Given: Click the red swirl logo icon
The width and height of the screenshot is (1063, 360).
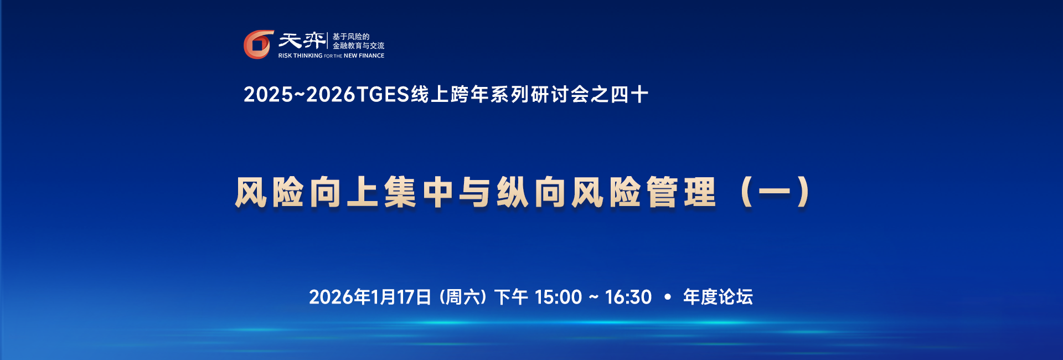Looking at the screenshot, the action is point(259,44).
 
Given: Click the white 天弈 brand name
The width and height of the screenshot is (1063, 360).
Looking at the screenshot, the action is point(302,40).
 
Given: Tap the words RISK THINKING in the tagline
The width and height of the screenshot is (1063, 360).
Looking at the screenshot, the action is point(300,56).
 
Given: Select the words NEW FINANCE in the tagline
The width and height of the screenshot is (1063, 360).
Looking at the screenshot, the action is point(364,56).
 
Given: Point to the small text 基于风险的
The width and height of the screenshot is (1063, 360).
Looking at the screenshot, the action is point(351,37).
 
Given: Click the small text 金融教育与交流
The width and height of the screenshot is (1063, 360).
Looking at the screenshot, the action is point(358,46).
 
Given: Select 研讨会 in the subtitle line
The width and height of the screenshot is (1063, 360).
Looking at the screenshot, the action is point(560,95).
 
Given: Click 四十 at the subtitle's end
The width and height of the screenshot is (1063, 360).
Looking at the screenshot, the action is point(629,95).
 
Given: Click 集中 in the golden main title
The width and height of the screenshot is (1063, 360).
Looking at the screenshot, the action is point(419,192).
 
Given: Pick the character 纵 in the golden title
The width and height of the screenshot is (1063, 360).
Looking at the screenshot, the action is point(513,192).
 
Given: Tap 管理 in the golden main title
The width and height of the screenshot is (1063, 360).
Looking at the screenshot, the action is point(682,192).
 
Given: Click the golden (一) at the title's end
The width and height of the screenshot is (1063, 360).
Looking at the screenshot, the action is point(775,192).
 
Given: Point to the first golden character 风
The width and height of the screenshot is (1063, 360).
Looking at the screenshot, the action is point(252,192).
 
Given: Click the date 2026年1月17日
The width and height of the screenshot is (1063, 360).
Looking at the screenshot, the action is point(370,297).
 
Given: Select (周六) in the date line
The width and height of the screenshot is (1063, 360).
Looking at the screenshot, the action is point(463,297).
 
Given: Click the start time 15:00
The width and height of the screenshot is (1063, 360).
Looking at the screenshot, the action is point(558,297).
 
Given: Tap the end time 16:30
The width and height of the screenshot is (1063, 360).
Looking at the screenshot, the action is point(628,297).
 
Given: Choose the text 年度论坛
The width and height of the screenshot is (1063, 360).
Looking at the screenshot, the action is point(718,297).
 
